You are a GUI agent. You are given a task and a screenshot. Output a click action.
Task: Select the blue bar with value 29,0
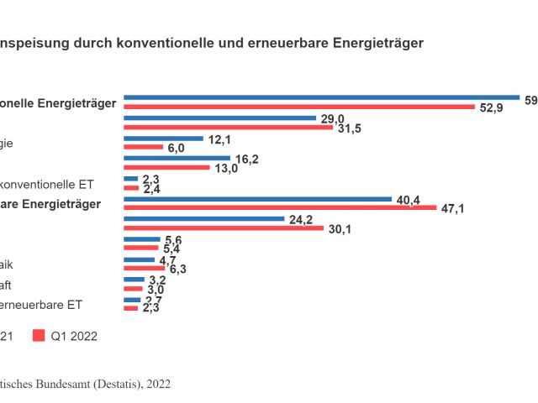pos(219,118)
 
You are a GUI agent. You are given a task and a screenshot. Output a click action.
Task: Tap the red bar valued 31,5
pos(229,127)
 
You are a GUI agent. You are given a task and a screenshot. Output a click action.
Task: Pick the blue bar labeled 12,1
pos(163,139)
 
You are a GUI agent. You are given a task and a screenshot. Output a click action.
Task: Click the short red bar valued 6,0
pos(143,147)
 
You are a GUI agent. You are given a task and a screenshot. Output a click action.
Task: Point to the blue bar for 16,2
pos(177,158)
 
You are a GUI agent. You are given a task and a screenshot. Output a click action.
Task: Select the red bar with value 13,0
pos(166,167)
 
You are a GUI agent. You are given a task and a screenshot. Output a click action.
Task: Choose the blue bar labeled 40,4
pos(257,199)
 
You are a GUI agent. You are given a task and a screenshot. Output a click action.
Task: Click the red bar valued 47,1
pos(280,207)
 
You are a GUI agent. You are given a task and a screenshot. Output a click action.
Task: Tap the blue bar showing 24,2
pos(203,219)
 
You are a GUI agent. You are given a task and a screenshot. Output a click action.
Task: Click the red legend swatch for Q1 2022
pos(39,336)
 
